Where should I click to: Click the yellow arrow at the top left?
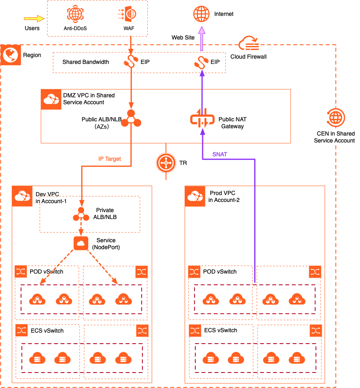34,18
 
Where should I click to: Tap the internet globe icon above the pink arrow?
201,14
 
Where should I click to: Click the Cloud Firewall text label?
249,57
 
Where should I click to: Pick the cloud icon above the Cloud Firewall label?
249,42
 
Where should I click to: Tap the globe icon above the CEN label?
336,117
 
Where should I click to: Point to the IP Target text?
109,159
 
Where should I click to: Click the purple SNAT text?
220,154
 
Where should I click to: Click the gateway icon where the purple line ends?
202,119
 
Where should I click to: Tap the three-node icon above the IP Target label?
131,119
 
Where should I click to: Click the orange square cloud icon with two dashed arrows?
81,243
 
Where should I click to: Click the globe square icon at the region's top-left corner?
11,55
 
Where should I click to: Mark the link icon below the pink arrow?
201,63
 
